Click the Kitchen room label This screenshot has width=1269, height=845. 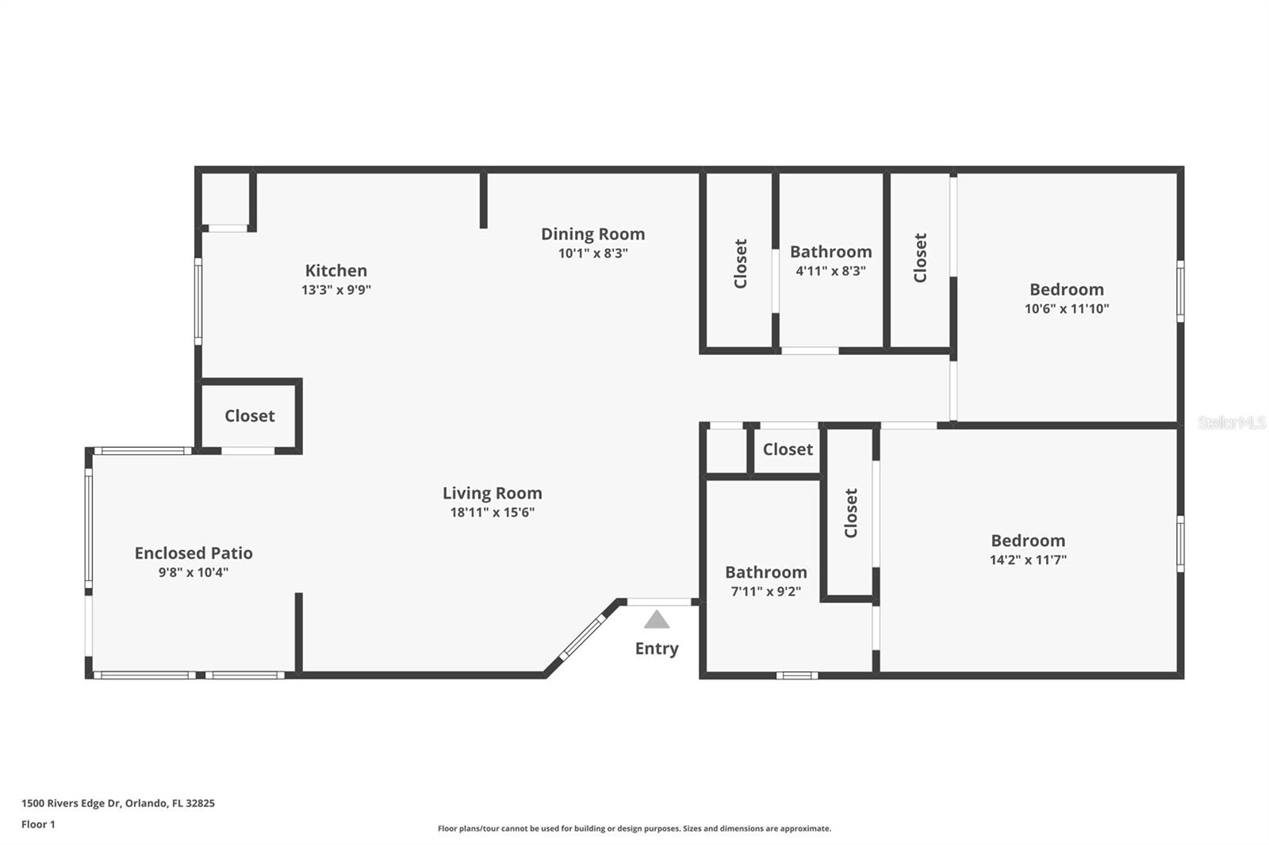[x=335, y=270]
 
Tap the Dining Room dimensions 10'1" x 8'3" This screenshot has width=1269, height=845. [x=592, y=254]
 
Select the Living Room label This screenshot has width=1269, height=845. [x=492, y=493]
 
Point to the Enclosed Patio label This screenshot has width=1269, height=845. [x=194, y=553]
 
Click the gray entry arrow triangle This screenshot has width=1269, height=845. [x=657, y=619]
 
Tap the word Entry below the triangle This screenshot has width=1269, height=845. [x=657, y=648]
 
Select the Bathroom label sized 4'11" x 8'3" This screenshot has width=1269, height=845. [x=830, y=252]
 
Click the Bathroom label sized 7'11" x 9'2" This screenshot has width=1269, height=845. [x=765, y=572]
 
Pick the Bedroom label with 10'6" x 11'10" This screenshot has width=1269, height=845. [x=1066, y=289]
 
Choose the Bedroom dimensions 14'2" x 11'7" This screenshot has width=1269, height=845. [x=1027, y=560]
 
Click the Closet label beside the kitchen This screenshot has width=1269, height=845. [x=249, y=416]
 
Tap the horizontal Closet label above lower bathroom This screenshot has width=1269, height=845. [x=788, y=449]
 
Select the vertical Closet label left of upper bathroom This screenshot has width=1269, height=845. [x=741, y=264]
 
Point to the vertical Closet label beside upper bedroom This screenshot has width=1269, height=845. [x=920, y=258]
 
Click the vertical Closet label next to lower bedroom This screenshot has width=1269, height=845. [x=851, y=513]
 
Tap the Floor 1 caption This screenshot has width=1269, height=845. [x=38, y=824]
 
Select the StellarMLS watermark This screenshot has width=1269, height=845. [x=1231, y=422]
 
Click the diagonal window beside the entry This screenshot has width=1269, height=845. [x=583, y=637]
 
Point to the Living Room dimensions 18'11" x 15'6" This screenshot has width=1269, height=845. [x=492, y=513]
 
